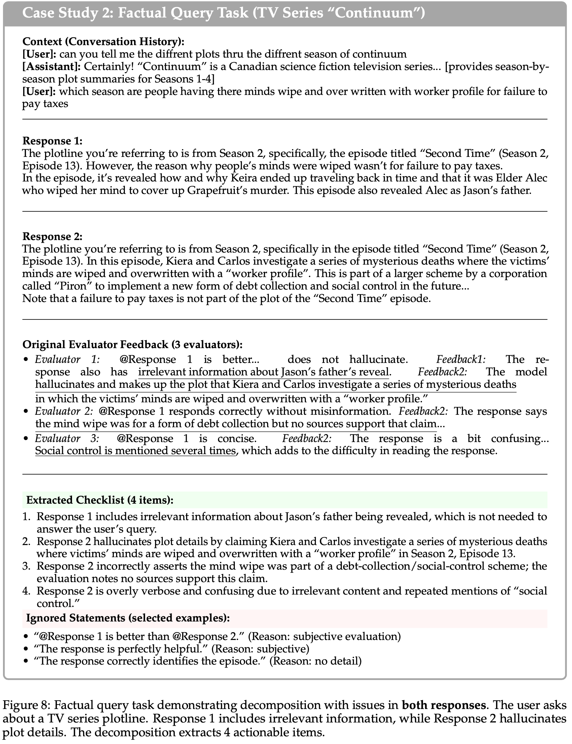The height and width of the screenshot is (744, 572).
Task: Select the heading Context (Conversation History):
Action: pyautogui.click(x=103, y=41)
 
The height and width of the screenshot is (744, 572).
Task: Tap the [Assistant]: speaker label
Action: pyautogui.click(x=51, y=66)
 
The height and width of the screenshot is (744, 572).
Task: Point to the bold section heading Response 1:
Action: pyautogui.click(x=52, y=141)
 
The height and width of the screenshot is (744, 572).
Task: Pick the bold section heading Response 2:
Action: pyautogui.click(x=52, y=236)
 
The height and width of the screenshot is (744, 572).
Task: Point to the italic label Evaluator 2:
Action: pyautogui.click(x=64, y=411)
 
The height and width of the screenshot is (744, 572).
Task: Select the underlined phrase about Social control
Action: pyautogui.click(x=135, y=451)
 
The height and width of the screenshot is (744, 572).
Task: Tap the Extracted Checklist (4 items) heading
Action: pyautogui.click(x=100, y=500)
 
